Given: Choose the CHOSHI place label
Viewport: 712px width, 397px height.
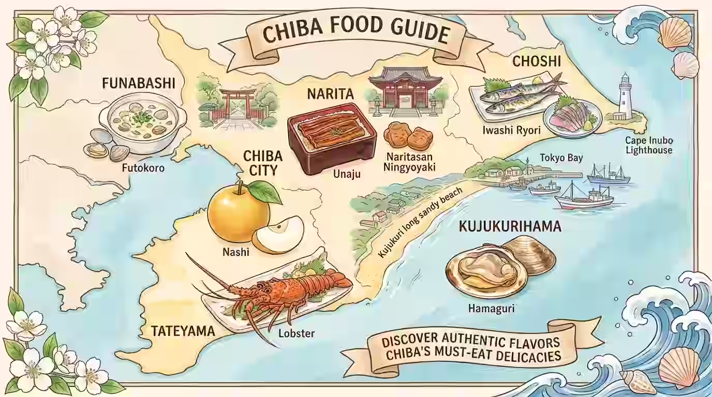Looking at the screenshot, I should click(x=537, y=62).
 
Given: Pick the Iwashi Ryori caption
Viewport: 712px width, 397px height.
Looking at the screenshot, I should click(x=511, y=130).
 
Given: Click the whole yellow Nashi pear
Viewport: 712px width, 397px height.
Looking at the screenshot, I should click(x=239, y=215).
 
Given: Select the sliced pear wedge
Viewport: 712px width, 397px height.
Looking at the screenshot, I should click(x=278, y=236).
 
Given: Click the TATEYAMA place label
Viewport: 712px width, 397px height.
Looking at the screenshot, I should click(x=183, y=331).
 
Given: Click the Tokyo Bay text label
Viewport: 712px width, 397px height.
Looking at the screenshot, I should click(x=561, y=158).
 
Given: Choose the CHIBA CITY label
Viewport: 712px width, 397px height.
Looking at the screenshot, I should click(x=263, y=163).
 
